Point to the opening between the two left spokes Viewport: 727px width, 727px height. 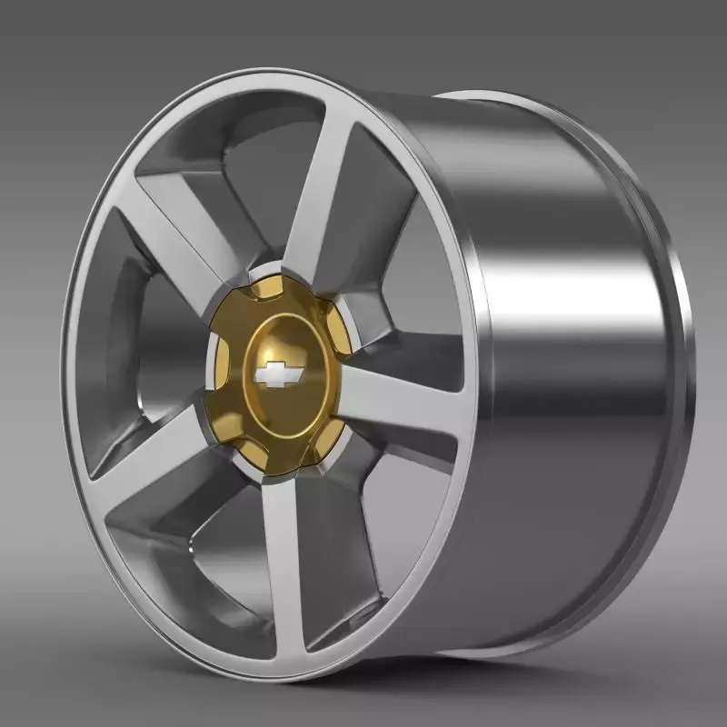coord(136,345)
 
